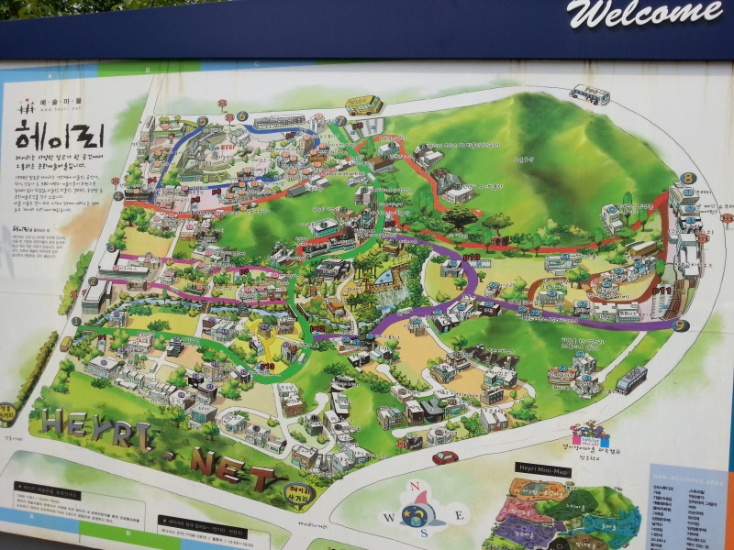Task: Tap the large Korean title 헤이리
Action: [x=61, y=138]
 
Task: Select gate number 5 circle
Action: [x=202, y=121]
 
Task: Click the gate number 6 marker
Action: [x=242, y=116]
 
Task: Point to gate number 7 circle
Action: [x=340, y=121]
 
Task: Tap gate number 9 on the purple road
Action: [x=680, y=324]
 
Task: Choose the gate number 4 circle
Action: [x=117, y=195]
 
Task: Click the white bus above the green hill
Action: [x=589, y=93]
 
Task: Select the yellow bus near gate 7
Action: [x=362, y=104]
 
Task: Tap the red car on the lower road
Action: [x=445, y=456]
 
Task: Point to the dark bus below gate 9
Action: [x=631, y=379]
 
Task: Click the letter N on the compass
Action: [x=414, y=487]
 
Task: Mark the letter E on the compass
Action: [x=447, y=512]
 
